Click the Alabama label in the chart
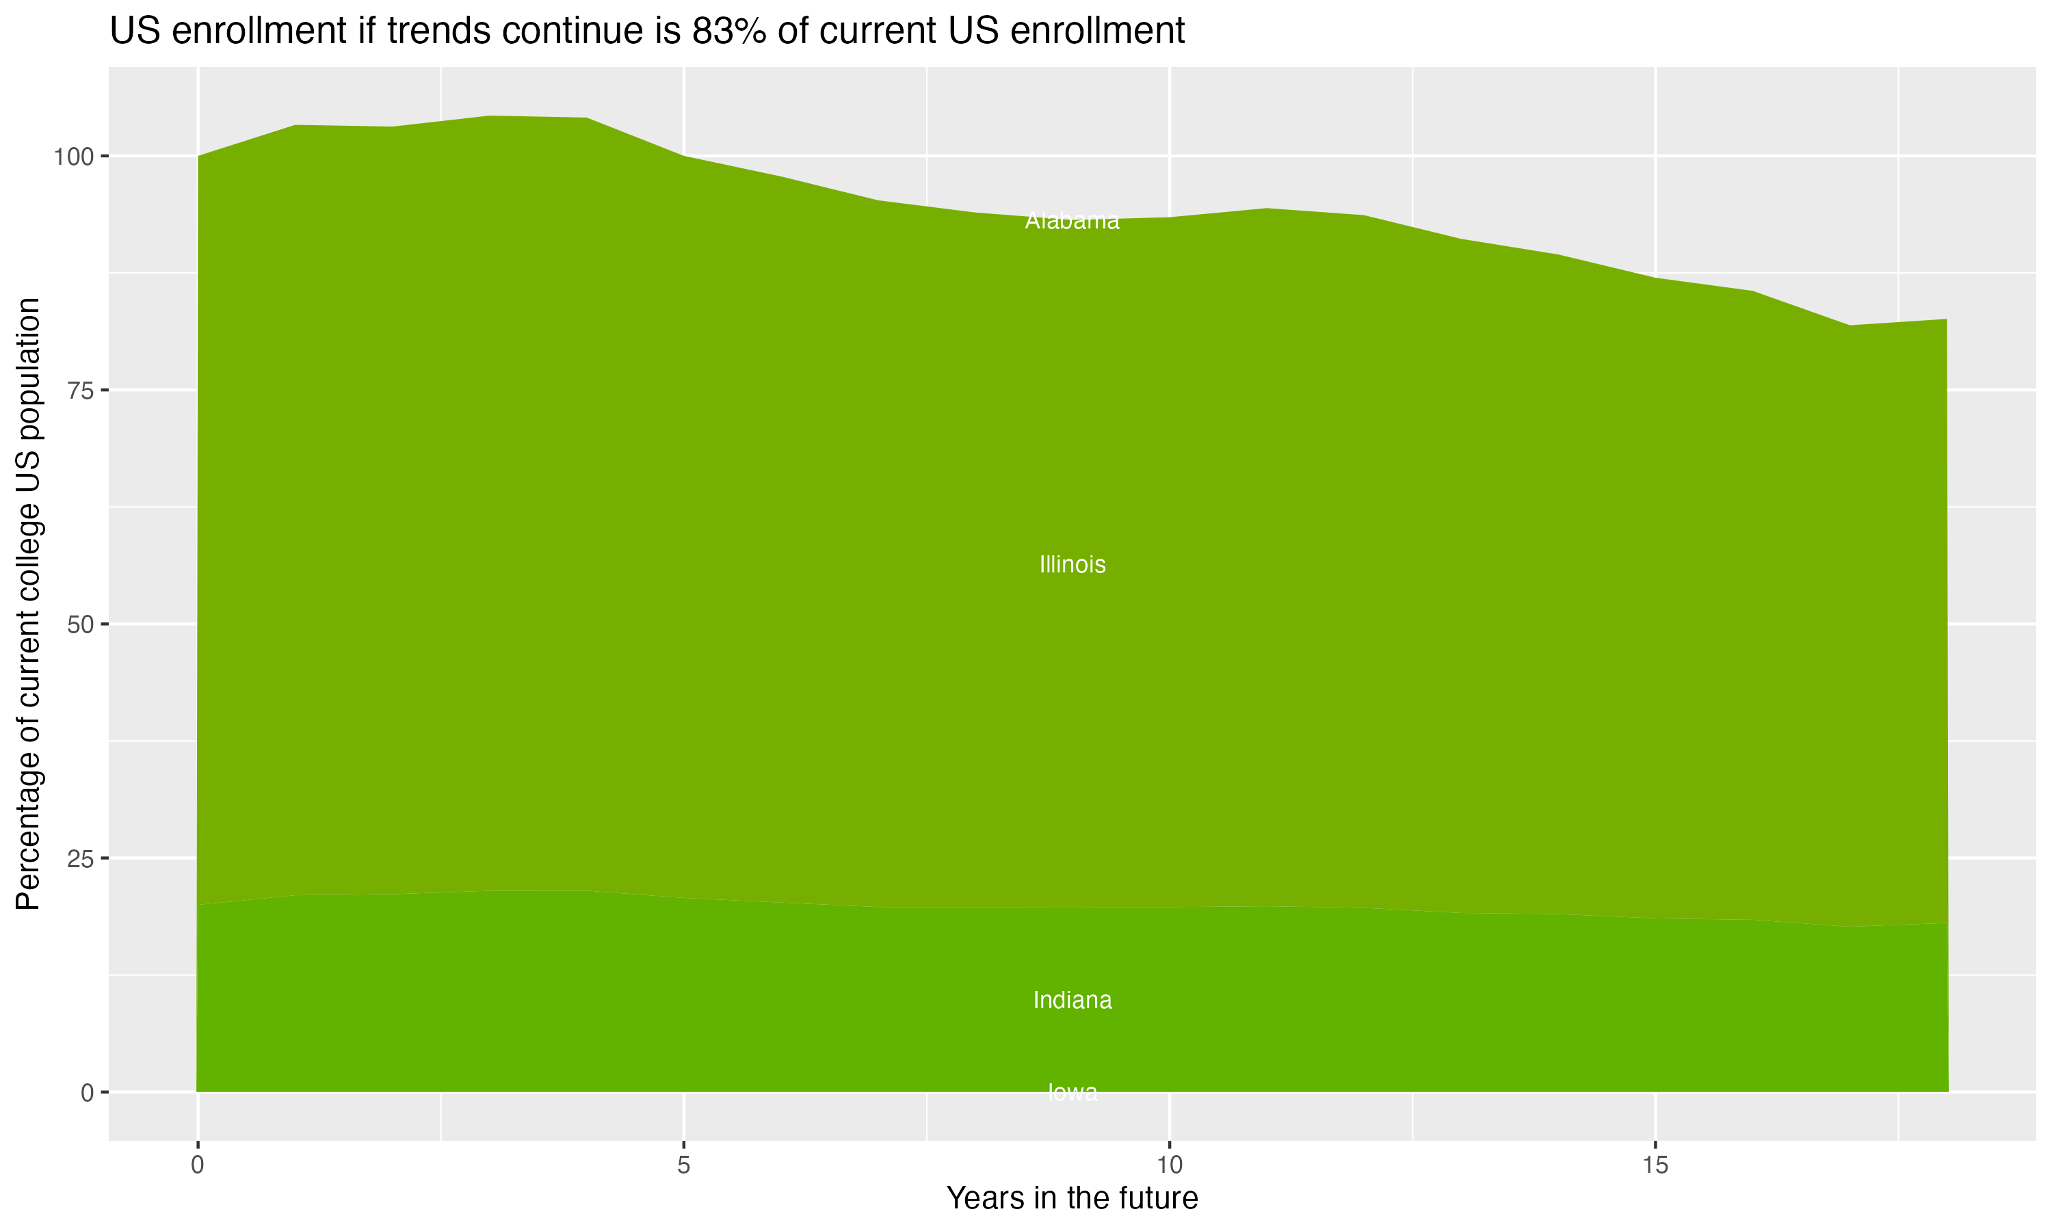[1072, 222]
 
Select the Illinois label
[1072, 565]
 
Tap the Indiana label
[1072, 1001]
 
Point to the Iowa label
[1072, 1092]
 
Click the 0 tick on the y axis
[87, 1092]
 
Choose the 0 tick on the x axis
[198, 1165]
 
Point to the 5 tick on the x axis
[683, 1165]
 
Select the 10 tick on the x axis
[1169, 1165]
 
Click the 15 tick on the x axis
[1655, 1165]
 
